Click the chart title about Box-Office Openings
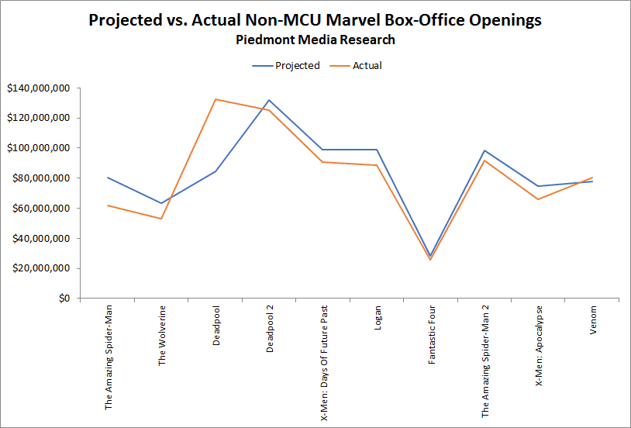point(315,21)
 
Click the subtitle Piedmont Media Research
point(315,40)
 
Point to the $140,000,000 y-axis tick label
point(37,88)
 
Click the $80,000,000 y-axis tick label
point(40,178)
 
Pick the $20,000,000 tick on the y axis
point(40,268)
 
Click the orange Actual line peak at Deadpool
point(216,99)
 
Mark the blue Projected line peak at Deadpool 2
point(270,100)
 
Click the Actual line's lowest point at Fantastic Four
point(432,260)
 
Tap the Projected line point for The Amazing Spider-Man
point(108,178)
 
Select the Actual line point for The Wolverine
point(162,219)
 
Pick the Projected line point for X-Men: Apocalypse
point(540,186)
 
